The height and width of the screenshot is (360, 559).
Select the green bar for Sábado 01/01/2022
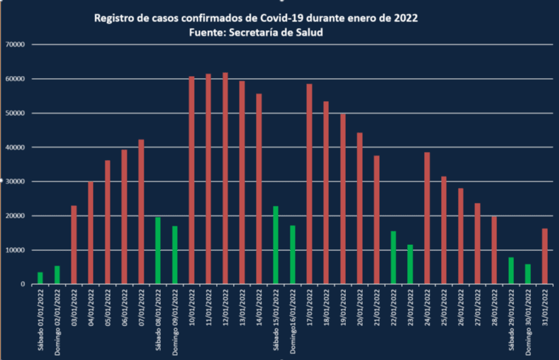[40, 278]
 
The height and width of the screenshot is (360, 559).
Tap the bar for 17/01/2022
[309, 184]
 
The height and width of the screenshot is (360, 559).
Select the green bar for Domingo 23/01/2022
[410, 264]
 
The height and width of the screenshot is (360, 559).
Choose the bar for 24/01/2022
[427, 218]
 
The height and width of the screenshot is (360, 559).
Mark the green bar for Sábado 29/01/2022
[511, 271]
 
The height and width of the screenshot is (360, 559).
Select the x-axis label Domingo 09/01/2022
[176, 318]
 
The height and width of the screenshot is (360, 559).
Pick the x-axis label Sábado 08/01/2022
[159, 319]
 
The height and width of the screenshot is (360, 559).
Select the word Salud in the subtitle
[309, 32]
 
